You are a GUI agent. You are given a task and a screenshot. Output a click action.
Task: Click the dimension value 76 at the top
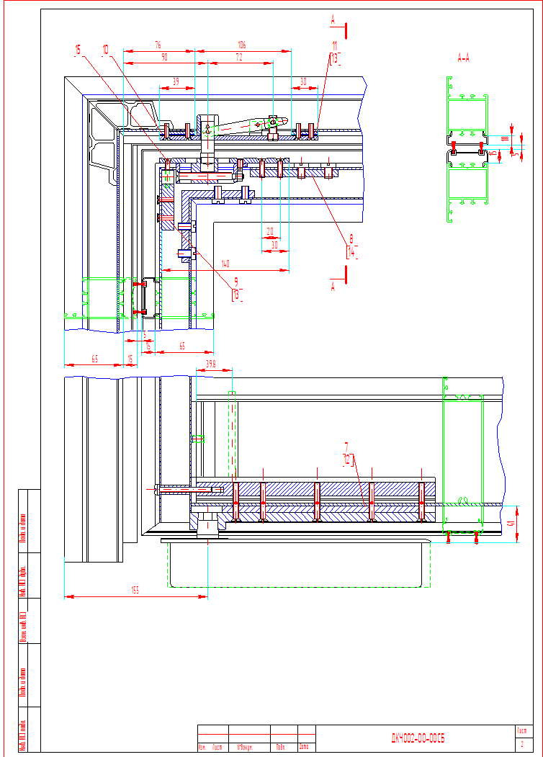158,45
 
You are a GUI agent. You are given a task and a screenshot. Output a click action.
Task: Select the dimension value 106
241,45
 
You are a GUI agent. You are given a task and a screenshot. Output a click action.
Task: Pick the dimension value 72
239,56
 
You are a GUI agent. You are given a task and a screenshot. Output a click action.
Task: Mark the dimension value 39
176,82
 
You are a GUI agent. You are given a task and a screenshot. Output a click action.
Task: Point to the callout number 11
334,45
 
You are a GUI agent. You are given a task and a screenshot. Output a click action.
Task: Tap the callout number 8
351,238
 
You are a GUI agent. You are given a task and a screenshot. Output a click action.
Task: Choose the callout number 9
235,282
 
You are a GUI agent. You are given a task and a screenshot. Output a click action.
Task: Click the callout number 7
346,446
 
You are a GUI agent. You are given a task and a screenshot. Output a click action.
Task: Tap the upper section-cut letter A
333,21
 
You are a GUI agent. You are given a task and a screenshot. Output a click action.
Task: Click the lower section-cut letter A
332,286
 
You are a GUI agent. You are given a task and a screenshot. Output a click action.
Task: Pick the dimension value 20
270,231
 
